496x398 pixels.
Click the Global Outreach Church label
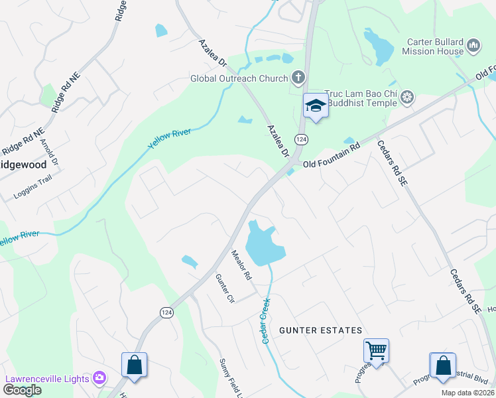pos(239,78)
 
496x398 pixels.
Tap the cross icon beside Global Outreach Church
pos(298,78)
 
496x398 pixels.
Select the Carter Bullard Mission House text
pos(435,46)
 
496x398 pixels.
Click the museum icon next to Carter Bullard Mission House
pos(473,46)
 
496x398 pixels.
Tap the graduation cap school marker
pos(316,106)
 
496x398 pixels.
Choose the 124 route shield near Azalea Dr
pos(302,139)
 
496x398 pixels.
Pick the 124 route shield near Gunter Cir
pos(167,311)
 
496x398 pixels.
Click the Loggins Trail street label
pos(32,194)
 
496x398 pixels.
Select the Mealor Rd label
pos(241,264)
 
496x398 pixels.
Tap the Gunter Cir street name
pos(225,289)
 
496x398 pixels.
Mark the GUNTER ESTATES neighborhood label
pos(320,330)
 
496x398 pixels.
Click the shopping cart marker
pos(376,350)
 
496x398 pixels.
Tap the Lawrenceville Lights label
pos(47,379)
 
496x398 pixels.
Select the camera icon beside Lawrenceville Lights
pos(99,378)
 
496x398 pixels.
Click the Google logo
pos(22,390)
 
